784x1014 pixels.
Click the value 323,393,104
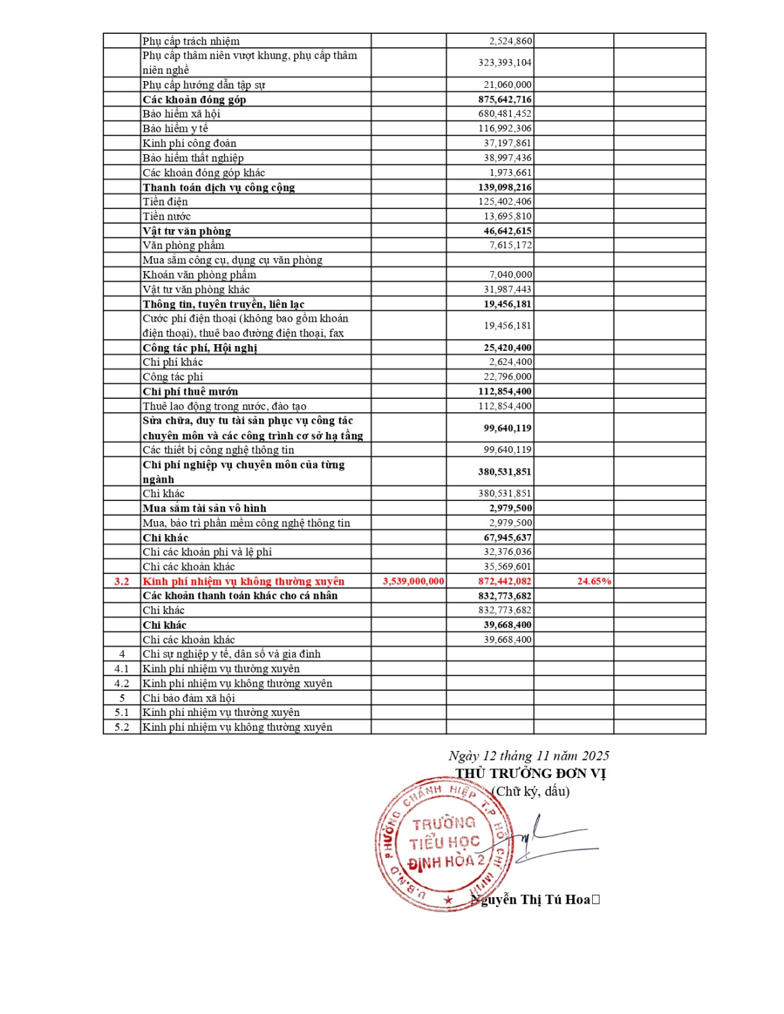[x=505, y=63]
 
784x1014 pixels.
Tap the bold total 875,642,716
[x=505, y=99]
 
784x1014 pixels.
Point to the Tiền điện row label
[x=165, y=201]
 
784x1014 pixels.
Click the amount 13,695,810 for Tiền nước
[x=508, y=216]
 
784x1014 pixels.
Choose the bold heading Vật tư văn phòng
[x=187, y=231]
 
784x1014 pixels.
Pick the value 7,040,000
[x=510, y=274]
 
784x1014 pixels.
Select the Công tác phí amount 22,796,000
[x=508, y=377]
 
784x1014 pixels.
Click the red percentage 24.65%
[x=594, y=581]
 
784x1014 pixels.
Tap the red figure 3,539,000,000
[x=414, y=581]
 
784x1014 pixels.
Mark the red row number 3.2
[x=122, y=581]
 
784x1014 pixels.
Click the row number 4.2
[x=122, y=683]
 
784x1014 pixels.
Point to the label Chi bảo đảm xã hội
[x=189, y=698]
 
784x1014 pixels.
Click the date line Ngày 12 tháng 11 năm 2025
[x=529, y=756]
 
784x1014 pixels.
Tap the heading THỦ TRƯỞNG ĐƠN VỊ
[x=531, y=773]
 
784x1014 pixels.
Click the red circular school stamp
[x=443, y=844]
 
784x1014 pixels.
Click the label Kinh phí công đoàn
[x=189, y=143]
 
